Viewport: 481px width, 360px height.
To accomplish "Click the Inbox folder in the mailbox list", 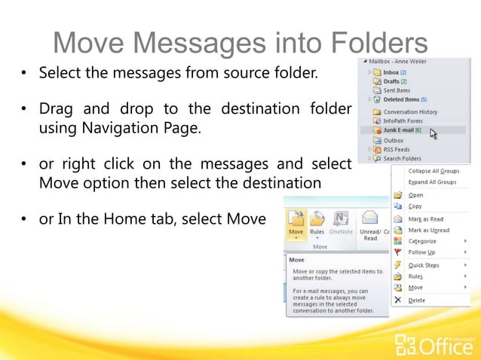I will (391, 72).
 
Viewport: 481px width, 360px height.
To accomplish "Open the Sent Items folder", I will (397, 90).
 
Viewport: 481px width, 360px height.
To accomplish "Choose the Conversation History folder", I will (410, 112).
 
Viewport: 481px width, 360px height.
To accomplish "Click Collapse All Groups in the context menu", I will (433, 171).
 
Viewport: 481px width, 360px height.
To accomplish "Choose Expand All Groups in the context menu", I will (432, 182).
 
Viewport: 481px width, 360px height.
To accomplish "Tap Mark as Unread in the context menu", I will (428, 230).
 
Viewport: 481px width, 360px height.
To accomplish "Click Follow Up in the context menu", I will (421, 252).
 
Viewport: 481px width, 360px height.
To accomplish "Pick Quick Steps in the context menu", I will (424, 265).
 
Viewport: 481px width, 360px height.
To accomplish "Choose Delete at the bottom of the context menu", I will (416, 300).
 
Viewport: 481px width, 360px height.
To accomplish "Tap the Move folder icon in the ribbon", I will (296, 219).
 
